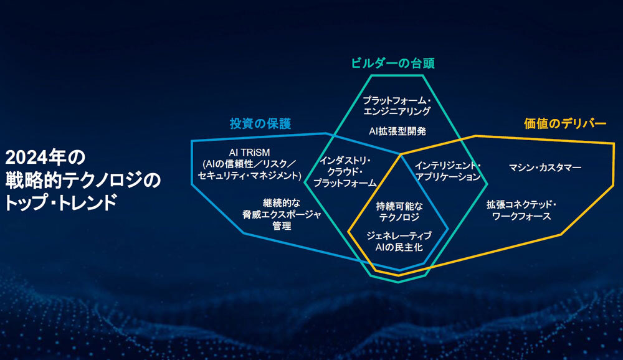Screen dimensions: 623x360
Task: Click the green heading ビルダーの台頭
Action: [392, 63]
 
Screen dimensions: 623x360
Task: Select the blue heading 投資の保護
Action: [260, 123]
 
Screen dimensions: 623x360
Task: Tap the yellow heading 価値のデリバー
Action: [565, 123]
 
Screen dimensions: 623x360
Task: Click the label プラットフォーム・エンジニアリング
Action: [397, 106]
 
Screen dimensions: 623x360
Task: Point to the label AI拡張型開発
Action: [397, 131]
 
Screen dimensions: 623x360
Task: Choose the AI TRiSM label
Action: [250, 153]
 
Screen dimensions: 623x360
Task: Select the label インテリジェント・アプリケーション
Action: [448, 171]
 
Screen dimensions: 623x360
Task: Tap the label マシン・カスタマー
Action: [545, 168]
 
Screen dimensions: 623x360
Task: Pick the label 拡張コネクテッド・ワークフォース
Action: [521, 210]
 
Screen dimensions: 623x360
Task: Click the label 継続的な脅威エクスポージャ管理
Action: [282, 215]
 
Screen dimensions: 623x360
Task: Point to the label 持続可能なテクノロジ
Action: [399, 212]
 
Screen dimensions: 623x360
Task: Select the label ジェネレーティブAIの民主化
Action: [399, 242]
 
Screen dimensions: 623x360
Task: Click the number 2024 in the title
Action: [26, 158]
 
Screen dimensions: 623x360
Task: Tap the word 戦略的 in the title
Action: [34, 180]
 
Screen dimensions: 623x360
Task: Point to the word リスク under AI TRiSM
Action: [272, 164]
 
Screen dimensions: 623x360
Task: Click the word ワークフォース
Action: [521, 216]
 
